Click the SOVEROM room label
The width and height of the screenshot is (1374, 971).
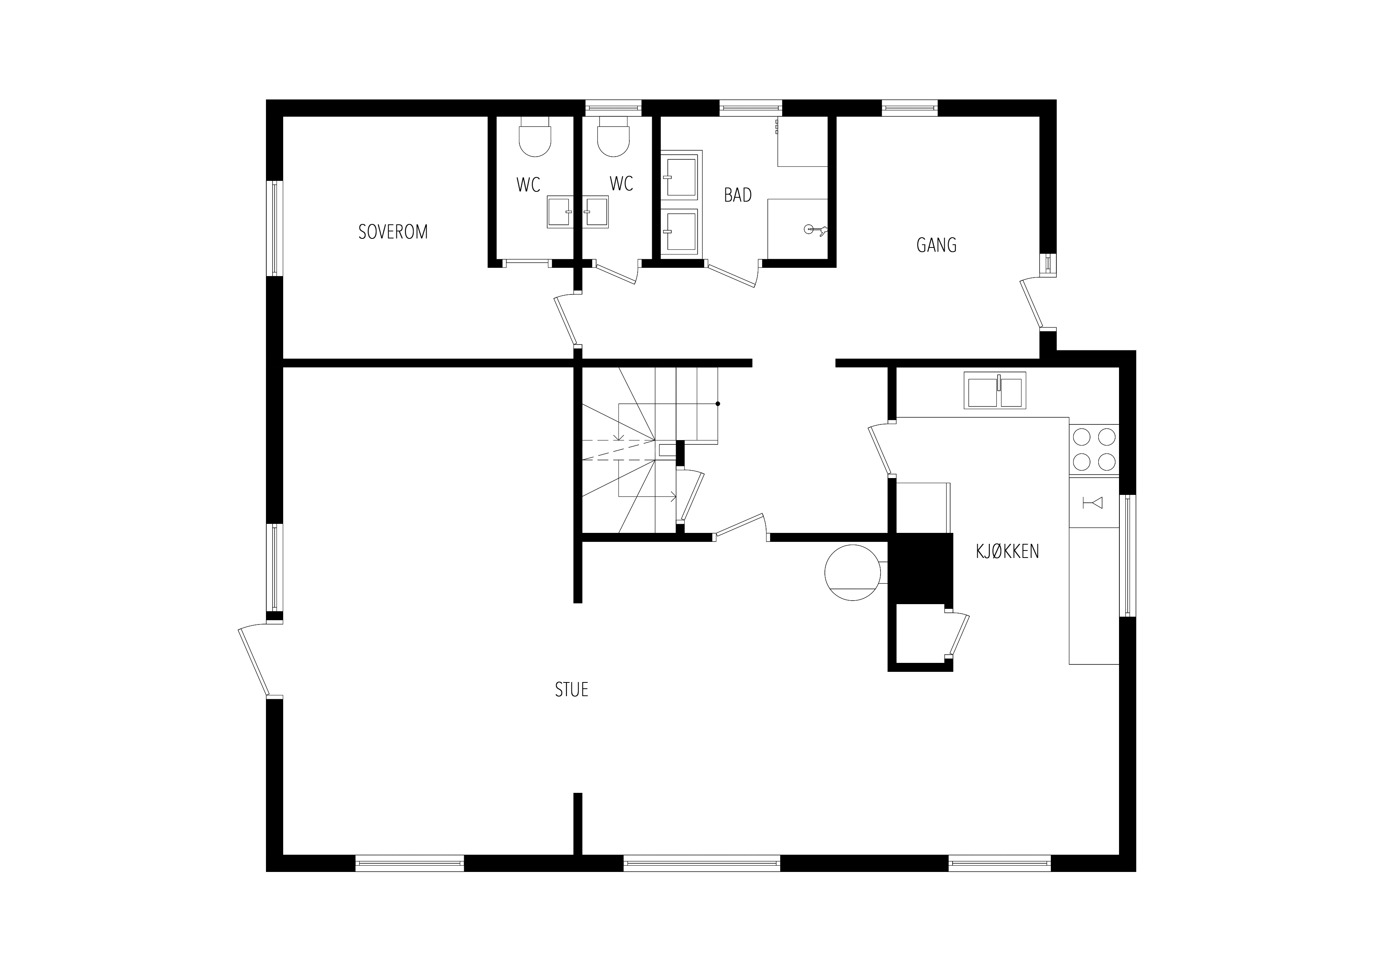[x=393, y=231]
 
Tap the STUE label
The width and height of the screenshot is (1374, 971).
[x=571, y=690]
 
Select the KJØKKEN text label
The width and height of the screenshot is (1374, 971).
[x=1007, y=551]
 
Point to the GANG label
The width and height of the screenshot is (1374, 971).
[x=936, y=245]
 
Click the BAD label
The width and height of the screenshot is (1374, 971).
[x=738, y=195]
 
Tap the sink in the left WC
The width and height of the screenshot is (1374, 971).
[x=560, y=212]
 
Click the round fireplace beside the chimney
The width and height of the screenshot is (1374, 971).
[x=853, y=572]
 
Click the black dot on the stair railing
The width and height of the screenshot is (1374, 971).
[x=718, y=404]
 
